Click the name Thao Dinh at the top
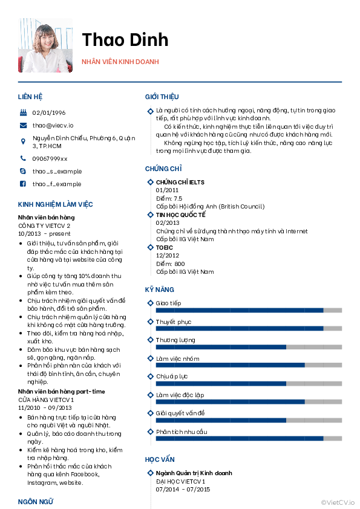[x=125, y=40]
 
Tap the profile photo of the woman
[x=45, y=45]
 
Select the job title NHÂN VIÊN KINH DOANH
[x=120, y=62]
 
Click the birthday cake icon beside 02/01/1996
[x=22, y=112]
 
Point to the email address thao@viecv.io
[x=53, y=125]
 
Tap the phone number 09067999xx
[x=50, y=158]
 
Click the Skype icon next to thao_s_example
[x=22, y=171]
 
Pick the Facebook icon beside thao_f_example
[x=22, y=184]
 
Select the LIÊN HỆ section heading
[x=30, y=97]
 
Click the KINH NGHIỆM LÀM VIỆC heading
[x=56, y=204]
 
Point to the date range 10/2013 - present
[x=44, y=233]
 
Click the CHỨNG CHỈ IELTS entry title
[x=180, y=182]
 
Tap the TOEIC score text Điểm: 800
[x=171, y=264]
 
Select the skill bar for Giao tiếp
[x=249, y=310]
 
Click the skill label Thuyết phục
[x=173, y=322]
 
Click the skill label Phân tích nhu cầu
[x=182, y=432]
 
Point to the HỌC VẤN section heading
[x=160, y=459]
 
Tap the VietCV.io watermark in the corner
[x=338, y=502]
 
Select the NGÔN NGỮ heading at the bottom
[x=36, y=502]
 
